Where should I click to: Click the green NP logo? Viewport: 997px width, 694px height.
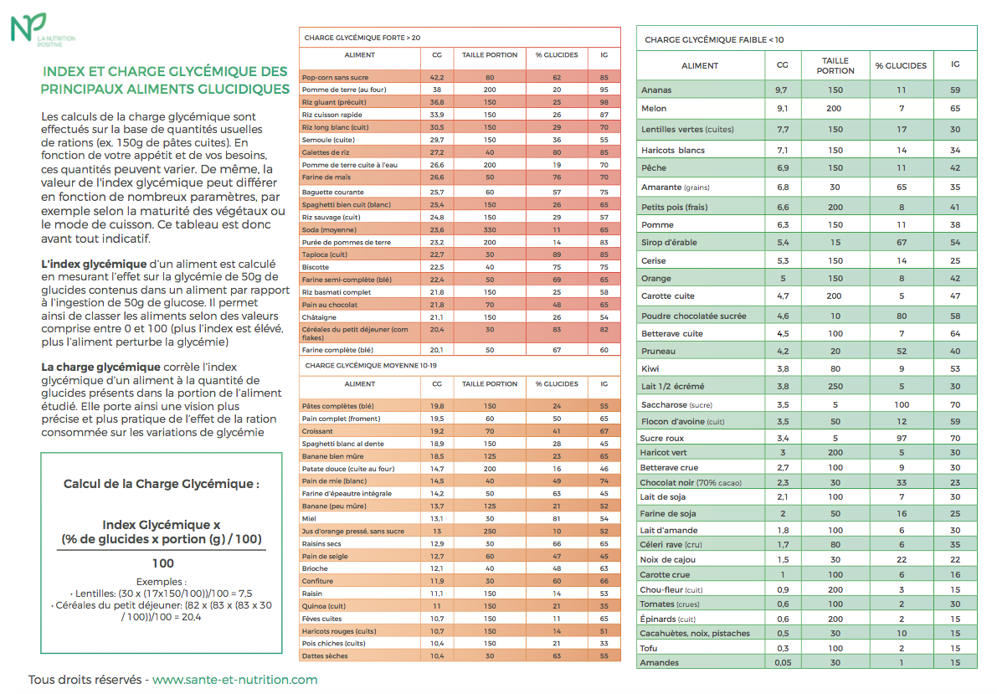click(28, 28)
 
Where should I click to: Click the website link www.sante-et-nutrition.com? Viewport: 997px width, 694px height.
click(234, 680)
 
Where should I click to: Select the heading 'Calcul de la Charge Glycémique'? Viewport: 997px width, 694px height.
click(161, 483)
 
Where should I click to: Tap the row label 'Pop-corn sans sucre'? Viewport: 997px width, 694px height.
click(335, 78)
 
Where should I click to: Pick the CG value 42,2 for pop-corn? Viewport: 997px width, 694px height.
click(437, 78)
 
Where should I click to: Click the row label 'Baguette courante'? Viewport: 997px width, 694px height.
click(332, 192)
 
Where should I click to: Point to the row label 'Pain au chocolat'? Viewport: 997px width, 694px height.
click(329, 305)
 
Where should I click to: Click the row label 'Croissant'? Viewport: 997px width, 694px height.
click(317, 431)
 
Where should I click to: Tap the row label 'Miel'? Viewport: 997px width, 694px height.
click(309, 518)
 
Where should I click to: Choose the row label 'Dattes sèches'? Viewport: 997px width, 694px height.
click(325, 655)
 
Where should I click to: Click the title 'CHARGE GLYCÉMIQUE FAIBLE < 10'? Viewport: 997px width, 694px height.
click(714, 39)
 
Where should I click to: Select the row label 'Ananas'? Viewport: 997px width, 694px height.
click(656, 90)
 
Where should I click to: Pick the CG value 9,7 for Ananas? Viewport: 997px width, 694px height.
click(782, 90)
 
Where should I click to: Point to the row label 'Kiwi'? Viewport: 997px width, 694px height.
click(650, 369)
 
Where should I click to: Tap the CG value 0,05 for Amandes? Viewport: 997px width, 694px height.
click(783, 663)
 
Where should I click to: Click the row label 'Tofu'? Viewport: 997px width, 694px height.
click(649, 648)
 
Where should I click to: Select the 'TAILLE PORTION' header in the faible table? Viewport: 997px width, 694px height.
click(835, 65)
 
